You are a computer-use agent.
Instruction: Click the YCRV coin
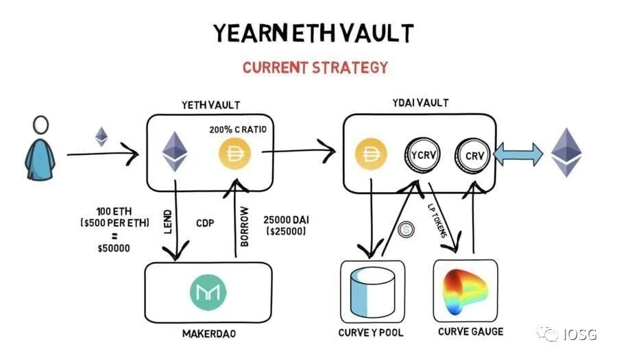421,154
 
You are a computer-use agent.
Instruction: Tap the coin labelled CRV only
471,155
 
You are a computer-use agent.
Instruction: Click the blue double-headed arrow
518,154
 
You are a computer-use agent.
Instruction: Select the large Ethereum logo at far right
568,152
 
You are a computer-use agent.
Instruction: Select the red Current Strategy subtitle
315,67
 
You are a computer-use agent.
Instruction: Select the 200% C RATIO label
237,128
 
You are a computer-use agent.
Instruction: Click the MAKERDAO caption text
210,334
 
